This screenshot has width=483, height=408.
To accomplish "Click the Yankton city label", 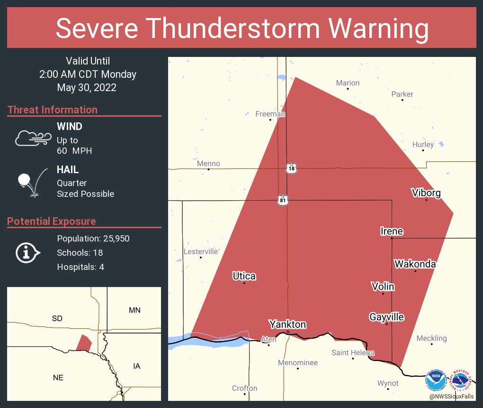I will coord(287,325).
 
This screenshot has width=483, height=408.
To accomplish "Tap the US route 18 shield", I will coord(291,168).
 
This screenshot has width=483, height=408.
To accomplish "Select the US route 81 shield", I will coord(283,201).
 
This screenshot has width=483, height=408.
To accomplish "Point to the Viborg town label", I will coord(426,193).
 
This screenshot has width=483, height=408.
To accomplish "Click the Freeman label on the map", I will coord(270,114).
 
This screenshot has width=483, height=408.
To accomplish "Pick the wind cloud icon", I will coord(33,138).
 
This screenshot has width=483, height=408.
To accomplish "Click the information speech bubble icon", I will coord(27,252).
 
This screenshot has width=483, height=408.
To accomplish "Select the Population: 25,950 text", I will coord(93,238).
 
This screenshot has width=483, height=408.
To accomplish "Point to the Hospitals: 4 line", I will coord(80,267).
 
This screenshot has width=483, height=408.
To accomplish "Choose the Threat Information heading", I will coord(53,110).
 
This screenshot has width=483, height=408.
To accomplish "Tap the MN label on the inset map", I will coord(134,310).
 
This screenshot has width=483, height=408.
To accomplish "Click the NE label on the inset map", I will coord(58,378).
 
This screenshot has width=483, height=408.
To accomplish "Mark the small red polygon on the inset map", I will coord(84,342).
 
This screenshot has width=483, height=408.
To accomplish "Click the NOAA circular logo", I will coord(435,380).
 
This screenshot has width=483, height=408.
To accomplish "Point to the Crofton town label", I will coord(244,388).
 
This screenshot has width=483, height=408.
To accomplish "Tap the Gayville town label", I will coord(386,316).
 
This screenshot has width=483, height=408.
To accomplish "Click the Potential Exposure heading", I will coord(52,221).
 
